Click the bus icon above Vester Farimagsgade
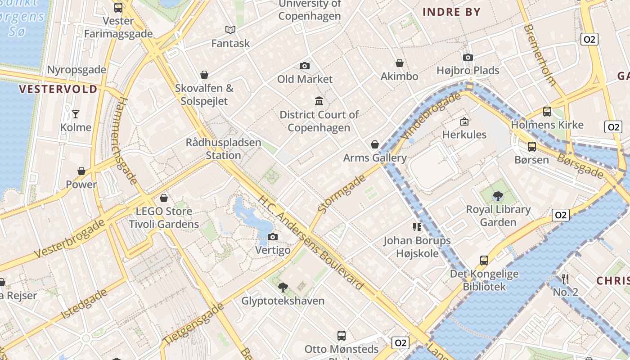(x=118, y=8)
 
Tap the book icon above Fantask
(x=230, y=30)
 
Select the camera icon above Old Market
(x=305, y=66)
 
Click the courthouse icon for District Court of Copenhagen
(x=319, y=101)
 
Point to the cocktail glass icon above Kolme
(x=76, y=114)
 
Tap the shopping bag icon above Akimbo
(x=399, y=63)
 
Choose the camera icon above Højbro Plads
(x=468, y=58)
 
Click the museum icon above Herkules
(x=464, y=121)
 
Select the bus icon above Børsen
(x=532, y=147)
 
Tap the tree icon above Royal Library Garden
(x=498, y=196)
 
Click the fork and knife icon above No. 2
(x=565, y=279)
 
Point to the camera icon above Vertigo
(x=273, y=237)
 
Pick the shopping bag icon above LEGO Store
(x=164, y=198)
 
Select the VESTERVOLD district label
(x=58, y=89)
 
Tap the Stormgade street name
(x=342, y=194)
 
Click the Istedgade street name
(x=85, y=304)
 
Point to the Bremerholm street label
(x=539, y=55)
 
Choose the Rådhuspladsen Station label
(x=223, y=149)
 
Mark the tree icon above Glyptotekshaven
(x=283, y=288)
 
